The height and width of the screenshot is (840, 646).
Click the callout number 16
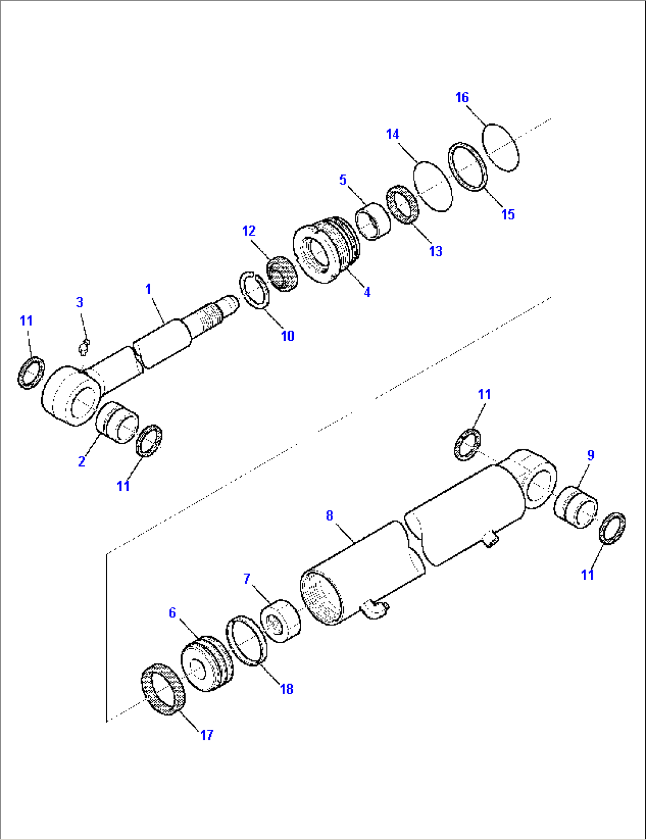pos(462,97)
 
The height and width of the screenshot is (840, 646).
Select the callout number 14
pos(392,135)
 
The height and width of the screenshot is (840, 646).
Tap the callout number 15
pos(508,215)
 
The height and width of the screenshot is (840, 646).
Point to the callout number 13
pos(436,251)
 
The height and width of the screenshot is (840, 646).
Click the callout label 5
pos(343,180)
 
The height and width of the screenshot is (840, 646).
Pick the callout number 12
pos(248,230)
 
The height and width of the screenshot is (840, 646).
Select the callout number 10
pos(287,336)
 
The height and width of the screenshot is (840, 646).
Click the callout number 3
pos(79,302)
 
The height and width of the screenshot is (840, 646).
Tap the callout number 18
pos(286,689)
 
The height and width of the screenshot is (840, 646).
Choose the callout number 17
pos(206,735)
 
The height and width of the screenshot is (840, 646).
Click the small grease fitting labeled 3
pos(84,346)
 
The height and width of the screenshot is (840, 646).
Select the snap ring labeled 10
pos(254,289)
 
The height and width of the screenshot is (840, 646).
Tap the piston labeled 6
pos(207,665)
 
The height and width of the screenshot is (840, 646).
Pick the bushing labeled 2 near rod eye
pos(116,421)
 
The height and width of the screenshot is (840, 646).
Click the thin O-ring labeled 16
pos(500,147)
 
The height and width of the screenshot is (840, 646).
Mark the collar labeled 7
pos(280,620)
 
